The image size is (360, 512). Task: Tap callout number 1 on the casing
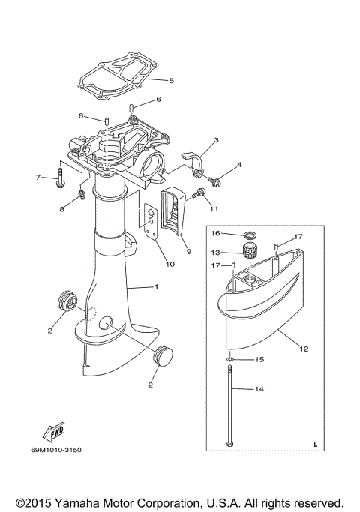coord(156,287)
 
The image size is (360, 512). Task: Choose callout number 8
coord(62,211)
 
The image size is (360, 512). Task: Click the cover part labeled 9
coord(175,214)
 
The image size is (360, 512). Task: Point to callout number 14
coord(260,389)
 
